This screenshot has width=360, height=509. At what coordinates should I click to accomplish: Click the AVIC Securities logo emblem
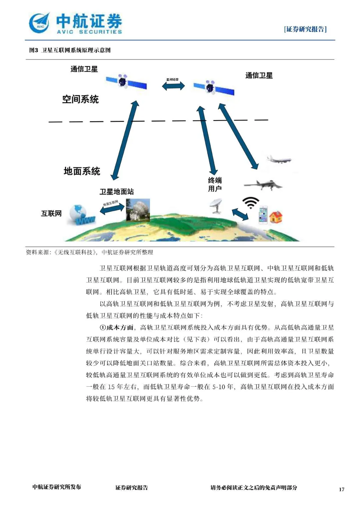[x=39, y=23]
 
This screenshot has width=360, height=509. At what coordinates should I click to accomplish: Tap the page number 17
[x=341, y=489]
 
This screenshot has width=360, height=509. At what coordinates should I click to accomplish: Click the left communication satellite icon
[x=126, y=82]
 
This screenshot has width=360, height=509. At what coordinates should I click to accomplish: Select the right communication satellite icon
[x=213, y=87]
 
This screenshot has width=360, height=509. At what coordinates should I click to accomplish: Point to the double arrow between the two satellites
[x=173, y=86]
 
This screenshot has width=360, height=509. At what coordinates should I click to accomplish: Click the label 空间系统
[x=80, y=99]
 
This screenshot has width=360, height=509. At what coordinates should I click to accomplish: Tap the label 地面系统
[x=82, y=171]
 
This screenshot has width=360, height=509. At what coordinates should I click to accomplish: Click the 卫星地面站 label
[x=117, y=192]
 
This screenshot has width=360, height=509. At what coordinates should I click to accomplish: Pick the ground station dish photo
[x=138, y=210]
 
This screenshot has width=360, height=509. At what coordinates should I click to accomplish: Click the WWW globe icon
[x=81, y=215]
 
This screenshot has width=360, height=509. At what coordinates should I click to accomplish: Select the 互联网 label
[x=51, y=214]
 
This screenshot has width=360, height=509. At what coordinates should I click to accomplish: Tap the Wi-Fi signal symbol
[x=250, y=202]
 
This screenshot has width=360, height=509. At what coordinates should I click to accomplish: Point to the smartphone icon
[x=263, y=215]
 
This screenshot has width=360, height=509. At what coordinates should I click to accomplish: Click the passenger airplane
[x=279, y=160]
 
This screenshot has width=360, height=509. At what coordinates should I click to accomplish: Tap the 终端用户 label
[x=215, y=184]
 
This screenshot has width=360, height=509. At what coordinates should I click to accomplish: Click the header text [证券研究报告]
[x=305, y=29]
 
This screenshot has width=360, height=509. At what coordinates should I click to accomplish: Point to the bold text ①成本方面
[x=117, y=328]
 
